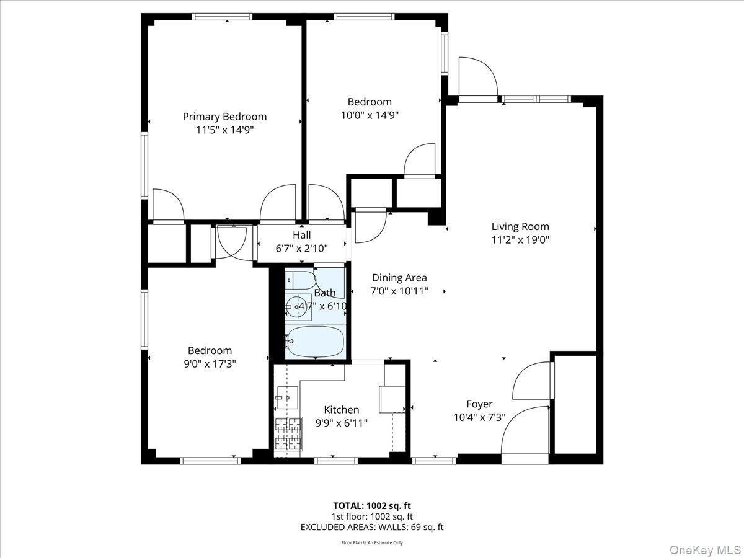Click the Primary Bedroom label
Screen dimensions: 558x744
click(224, 117)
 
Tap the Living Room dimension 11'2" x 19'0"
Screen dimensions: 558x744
click(520, 240)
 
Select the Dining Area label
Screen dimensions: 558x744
click(399, 278)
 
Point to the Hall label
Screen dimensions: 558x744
click(302, 235)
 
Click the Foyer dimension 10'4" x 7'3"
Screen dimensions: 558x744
click(479, 418)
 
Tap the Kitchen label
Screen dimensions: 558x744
click(342, 410)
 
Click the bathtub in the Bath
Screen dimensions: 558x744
click(316, 342)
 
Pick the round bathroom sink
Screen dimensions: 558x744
click(296, 306)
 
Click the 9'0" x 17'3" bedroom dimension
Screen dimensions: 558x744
click(210, 365)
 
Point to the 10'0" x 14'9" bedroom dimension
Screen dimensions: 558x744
click(370, 115)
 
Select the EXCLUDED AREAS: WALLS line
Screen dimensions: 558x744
click(372, 528)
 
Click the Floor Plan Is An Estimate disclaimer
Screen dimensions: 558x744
click(372, 543)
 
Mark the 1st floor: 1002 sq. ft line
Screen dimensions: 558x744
click(372, 516)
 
